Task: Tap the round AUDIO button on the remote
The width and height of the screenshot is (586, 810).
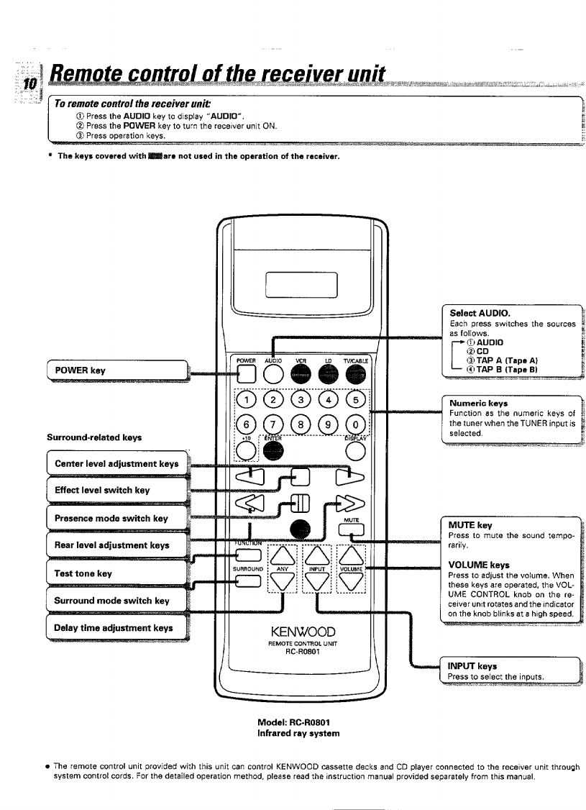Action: (273, 373)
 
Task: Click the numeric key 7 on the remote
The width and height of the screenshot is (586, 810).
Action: (273, 425)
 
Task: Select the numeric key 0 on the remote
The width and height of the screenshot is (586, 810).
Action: (355, 425)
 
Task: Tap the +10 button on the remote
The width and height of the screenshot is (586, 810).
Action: (247, 451)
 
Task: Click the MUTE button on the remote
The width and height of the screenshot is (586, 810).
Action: (351, 530)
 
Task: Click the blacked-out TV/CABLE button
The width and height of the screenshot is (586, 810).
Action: (355, 373)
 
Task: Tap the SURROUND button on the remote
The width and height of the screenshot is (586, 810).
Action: (248, 581)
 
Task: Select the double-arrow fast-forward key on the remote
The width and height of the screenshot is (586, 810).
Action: (350, 503)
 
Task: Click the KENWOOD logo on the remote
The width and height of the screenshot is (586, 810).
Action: (303, 632)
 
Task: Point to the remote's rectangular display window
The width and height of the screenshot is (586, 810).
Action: (301, 285)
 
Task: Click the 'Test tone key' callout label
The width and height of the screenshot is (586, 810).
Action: (83, 573)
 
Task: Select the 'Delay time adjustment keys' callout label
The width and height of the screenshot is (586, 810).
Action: (114, 628)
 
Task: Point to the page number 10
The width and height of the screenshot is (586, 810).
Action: (30, 83)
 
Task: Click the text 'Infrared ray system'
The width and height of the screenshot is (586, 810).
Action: (298, 734)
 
